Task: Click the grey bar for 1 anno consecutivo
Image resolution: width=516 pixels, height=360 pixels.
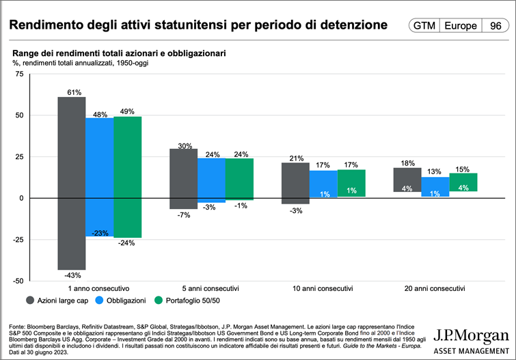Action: click(71, 182)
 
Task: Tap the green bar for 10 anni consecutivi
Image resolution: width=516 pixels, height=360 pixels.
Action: click(352, 183)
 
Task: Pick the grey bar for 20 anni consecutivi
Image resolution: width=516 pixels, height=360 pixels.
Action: click(407, 180)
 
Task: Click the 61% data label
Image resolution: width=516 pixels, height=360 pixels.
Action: click(74, 92)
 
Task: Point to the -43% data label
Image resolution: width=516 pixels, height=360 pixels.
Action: click(72, 275)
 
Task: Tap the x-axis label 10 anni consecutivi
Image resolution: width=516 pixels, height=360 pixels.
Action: click(325, 288)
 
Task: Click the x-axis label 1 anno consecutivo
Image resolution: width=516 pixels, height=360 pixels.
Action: click(100, 288)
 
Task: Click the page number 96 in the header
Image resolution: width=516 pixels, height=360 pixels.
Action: click(493, 26)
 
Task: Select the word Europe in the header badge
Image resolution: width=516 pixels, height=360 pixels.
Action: click(461, 26)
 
